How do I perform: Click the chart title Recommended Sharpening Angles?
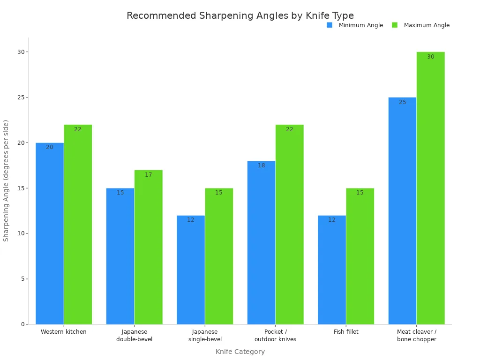click(x=240, y=15)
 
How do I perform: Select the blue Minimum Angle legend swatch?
click(x=330, y=25)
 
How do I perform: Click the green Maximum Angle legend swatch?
click(x=395, y=25)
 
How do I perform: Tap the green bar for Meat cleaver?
click(x=430, y=187)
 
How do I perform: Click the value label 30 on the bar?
click(x=430, y=57)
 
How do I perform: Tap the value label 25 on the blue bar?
click(x=402, y=102)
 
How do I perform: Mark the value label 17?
click(x=148, y=175)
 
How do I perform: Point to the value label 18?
click(x=261, y=165)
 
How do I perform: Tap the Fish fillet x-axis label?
click(x=346, y=332)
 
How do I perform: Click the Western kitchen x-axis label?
click(x=64, y=332)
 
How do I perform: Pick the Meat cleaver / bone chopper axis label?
click(x=416, y=336)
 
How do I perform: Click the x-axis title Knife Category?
click(x=240, y=352)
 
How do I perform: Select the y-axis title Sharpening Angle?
click(x=6, y=180)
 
